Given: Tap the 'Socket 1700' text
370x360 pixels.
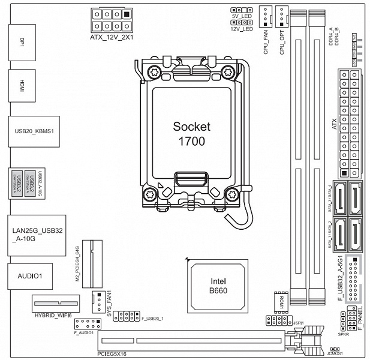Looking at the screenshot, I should pyautogui.click(x=189, y=134).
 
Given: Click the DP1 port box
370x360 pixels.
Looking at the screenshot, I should pyautogui.click(x=23, y=43).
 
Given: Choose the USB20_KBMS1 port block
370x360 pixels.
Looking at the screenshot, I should pyautogui.click(x=34, y=130).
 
